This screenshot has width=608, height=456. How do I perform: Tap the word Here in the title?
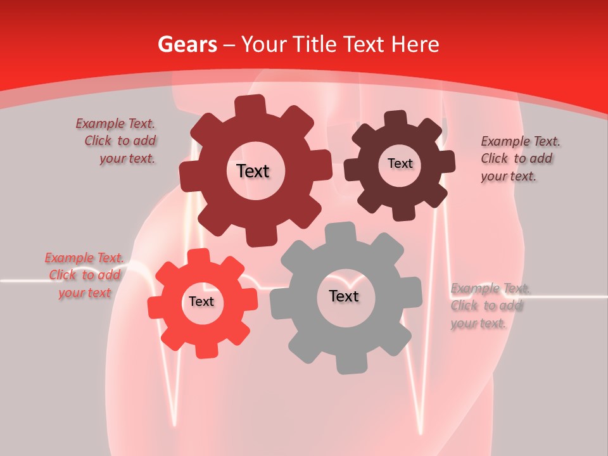[x=415, y=44]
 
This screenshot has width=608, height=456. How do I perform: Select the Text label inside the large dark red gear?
[x=253, y=171]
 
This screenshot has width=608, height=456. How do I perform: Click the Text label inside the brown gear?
[x=400, y=163]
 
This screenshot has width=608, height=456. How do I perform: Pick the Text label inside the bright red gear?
[x=201, y=301]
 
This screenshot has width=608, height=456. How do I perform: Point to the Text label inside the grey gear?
[x=344, y=296]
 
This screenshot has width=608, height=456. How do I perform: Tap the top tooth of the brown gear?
[x=396, y=118]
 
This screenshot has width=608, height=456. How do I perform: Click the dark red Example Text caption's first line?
[x=115, y=124]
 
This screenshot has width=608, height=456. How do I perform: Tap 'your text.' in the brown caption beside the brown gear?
[x=509, y=177]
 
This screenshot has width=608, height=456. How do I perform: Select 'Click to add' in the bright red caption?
[x=85, y=275]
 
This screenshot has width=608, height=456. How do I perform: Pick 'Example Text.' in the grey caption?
[x=490, y=289]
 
